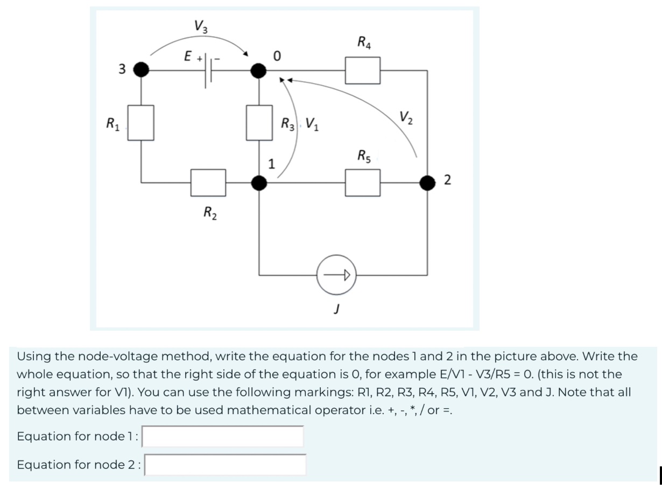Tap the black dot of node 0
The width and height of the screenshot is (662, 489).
(x=259, y=69)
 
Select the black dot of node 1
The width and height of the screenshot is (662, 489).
(x=259, y=183)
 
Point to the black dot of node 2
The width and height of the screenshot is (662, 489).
(x=428, y=183)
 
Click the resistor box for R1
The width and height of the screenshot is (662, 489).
(x=142, y=122)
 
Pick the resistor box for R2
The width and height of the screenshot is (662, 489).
(x=208, y=183)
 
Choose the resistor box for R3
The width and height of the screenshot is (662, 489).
(x=259, y=122)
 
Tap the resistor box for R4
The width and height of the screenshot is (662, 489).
(x=363, y=70)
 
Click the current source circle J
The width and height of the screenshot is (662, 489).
(x=337, y=275)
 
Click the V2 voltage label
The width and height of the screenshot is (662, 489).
(x=406, y=117)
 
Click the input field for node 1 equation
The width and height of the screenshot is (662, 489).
(x=223, y=436)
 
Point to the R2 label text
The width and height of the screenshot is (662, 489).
(x=209, y=213)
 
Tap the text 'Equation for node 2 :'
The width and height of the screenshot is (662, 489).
(x=79, y=465)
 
